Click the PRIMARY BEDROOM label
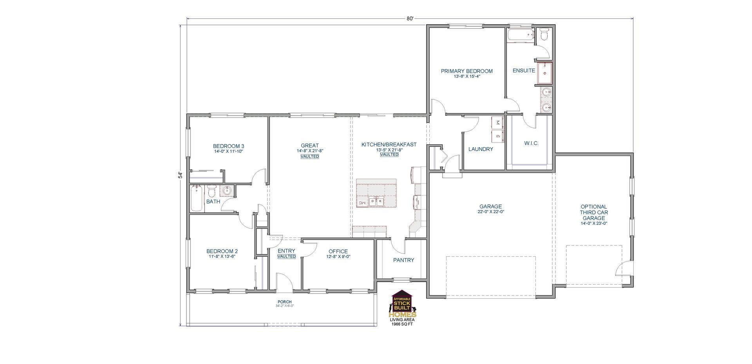point(466,71)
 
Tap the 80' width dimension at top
point(410,18)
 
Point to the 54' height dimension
point(181,175)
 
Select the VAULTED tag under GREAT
point(309,157)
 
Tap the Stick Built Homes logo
point(403,304)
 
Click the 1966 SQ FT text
point(402,324)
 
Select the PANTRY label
point(403,260)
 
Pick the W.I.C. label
point(531,143)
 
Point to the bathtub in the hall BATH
point(197,199)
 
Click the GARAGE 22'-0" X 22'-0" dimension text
point(490,212)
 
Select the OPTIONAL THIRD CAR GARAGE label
point(593,212)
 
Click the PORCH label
point(284,302)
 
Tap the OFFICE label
point(338,251)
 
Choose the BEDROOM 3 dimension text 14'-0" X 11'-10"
point(228,151)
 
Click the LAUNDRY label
point(481,149)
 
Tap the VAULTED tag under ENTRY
point(286,256)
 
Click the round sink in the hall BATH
point(227,191)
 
